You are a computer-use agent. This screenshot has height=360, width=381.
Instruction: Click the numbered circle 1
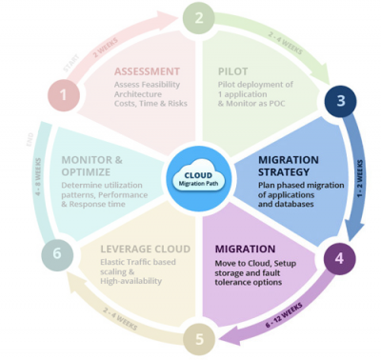[x=64, y=95]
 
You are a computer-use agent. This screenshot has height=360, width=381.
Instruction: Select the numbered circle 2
[x=198, y=17]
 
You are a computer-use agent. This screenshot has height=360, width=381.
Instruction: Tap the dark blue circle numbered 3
[x=338, y=102]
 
